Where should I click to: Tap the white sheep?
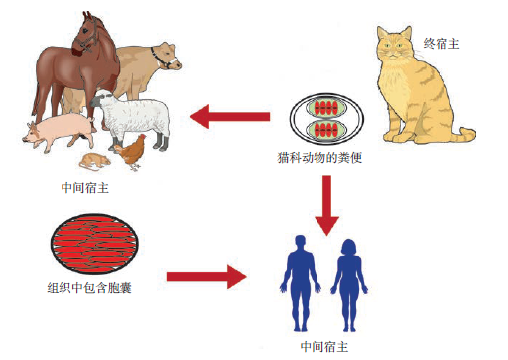click(x=139, y=117)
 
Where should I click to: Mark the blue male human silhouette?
click(x=298, y=277)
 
